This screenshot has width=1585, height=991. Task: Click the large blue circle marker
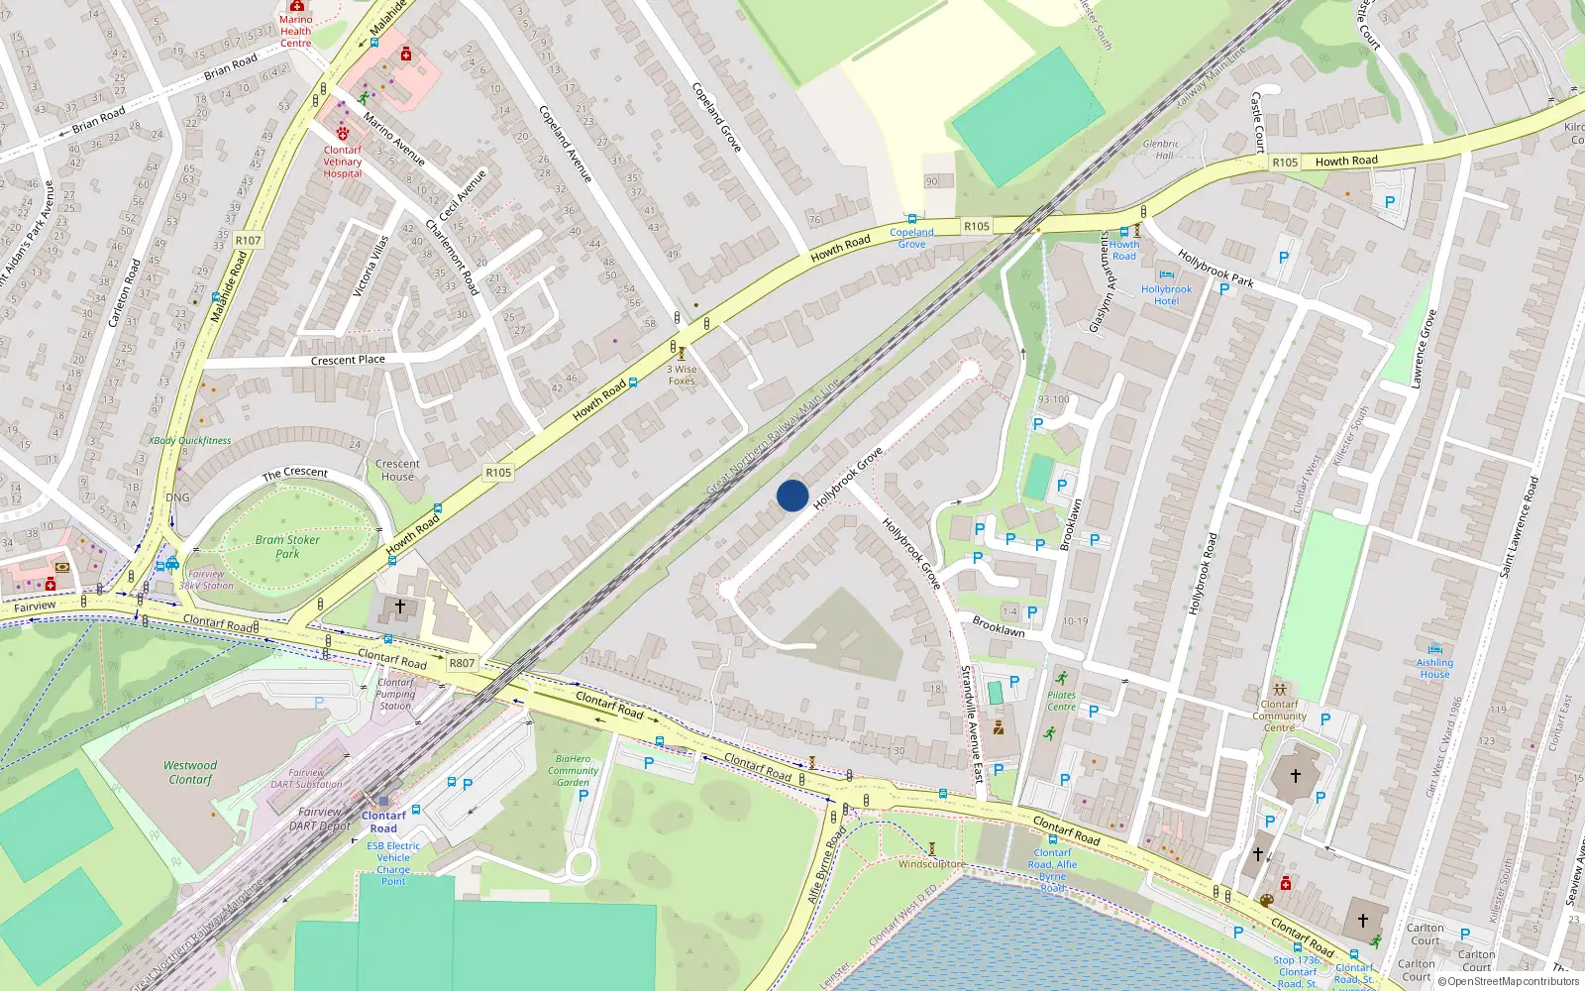pos(792,495)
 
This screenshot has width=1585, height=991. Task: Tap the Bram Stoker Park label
pos(287,547)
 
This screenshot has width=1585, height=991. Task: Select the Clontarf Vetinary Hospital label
pos(343,162)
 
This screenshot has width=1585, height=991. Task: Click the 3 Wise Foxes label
pos(682,375)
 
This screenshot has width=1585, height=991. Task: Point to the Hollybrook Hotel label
pos(1166,295)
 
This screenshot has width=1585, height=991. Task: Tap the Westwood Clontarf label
pos(190,772)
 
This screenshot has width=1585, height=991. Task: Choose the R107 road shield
pos(249,241)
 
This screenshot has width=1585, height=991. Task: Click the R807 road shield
pos(462,663)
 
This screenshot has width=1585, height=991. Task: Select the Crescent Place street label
pos(348,360)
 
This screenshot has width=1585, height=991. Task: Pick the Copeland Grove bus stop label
pos(911,238)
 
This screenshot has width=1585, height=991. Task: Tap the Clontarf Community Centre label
pos(1279,716)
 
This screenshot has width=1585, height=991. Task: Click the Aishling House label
pos(1434,668)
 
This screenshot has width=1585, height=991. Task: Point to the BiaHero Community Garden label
pos(573,770)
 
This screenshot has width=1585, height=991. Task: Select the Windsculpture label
pos(931,864)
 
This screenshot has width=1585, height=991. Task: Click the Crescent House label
pos(397,470)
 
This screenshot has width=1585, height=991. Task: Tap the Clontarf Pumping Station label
pos(395,694)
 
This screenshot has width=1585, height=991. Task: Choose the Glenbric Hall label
pos(1161,150)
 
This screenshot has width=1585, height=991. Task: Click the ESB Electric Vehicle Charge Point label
pos(393,863)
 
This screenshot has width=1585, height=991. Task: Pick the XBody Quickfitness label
pos(190,441)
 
